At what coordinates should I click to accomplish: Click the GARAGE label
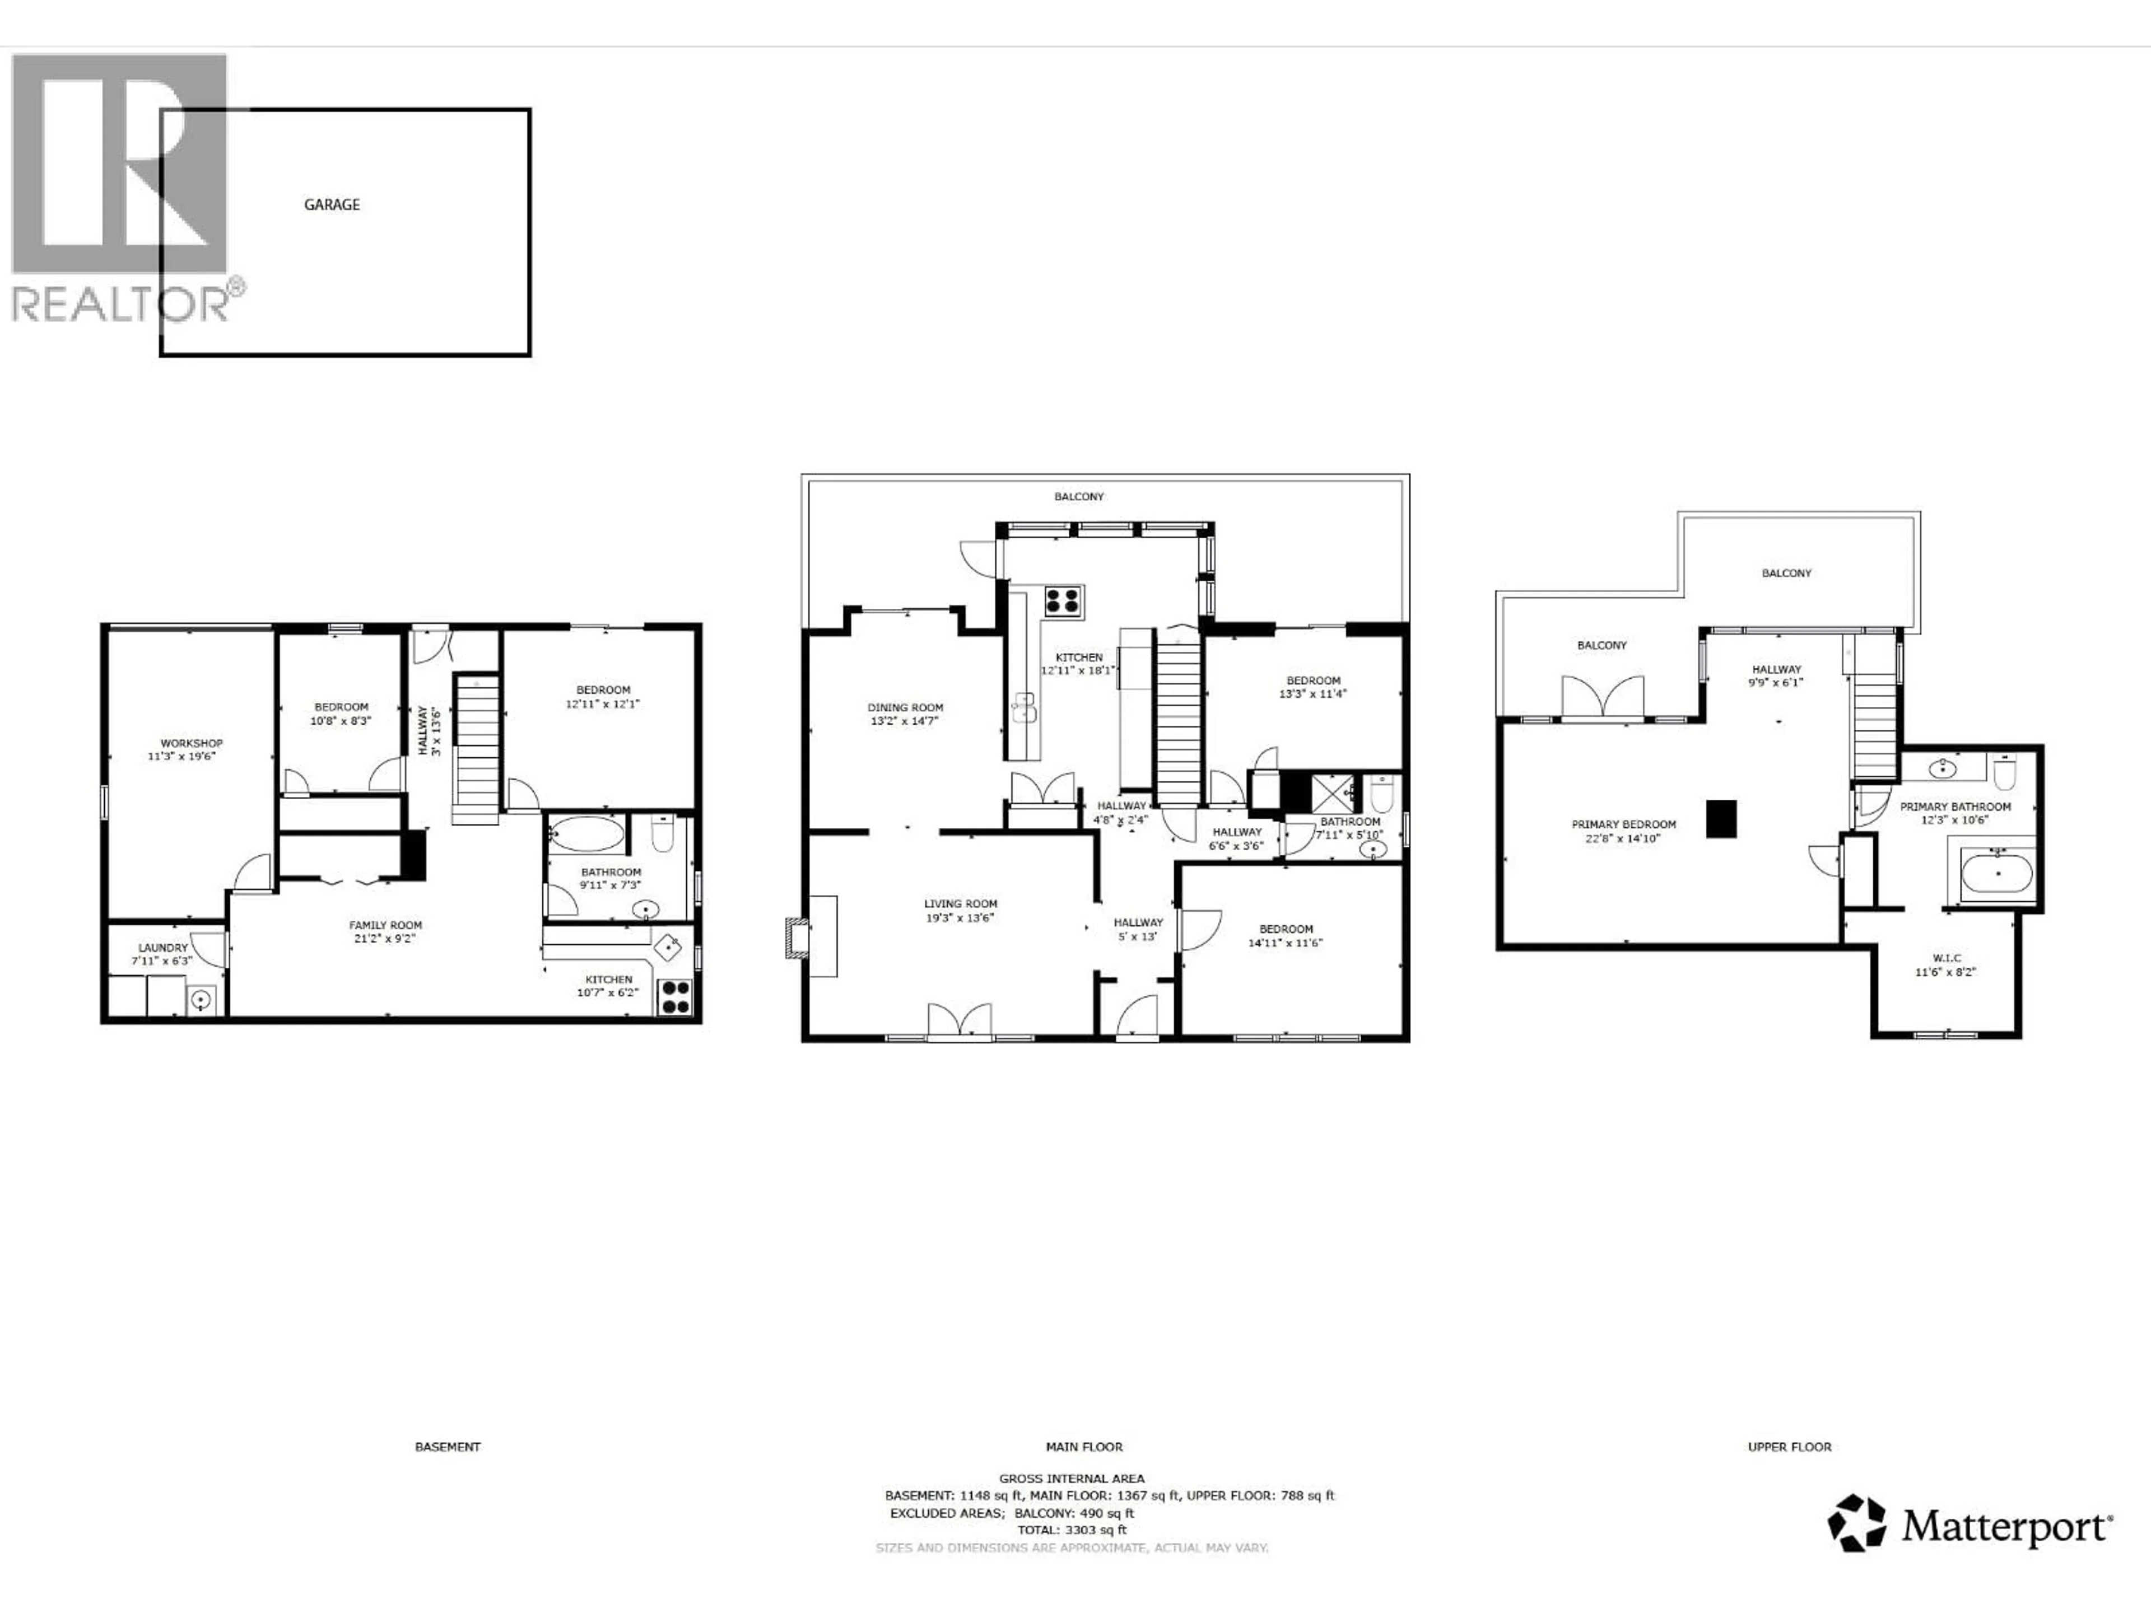332,204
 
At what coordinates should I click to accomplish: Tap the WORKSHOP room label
192,743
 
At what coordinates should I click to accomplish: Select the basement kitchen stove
675,996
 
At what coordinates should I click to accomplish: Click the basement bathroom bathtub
588,834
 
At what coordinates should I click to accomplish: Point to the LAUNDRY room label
162,947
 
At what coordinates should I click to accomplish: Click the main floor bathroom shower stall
1332,792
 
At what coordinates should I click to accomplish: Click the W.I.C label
1947,958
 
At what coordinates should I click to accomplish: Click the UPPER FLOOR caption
1789,1447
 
